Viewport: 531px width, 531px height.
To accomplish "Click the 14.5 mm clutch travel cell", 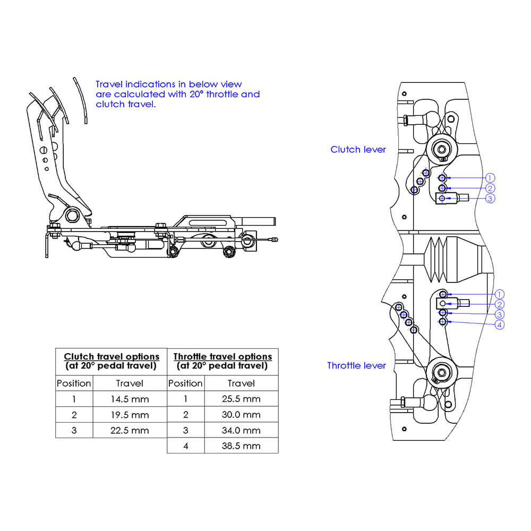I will (130, 399).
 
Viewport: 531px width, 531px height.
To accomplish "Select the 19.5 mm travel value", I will (130, 415).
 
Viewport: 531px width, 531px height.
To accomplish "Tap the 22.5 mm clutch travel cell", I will (130, 430).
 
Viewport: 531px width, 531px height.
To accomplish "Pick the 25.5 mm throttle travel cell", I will (241, 399).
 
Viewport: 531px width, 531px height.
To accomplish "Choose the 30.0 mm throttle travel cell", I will (241, 415).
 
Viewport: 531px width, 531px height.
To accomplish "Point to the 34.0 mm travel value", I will (241, 430).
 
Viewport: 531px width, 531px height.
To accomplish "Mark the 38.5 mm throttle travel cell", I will (241, 446).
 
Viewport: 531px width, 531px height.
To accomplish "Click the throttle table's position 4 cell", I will (186, 446).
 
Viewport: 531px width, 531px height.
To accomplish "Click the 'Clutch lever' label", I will (358, 150).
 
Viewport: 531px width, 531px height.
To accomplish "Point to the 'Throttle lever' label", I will (356, 365).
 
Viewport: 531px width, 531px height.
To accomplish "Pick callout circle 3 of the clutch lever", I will (490, 199).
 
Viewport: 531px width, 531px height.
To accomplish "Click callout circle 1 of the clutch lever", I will (490, 178).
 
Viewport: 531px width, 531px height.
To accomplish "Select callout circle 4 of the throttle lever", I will (499, 324).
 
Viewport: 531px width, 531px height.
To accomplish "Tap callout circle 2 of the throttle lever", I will (499, 304).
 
